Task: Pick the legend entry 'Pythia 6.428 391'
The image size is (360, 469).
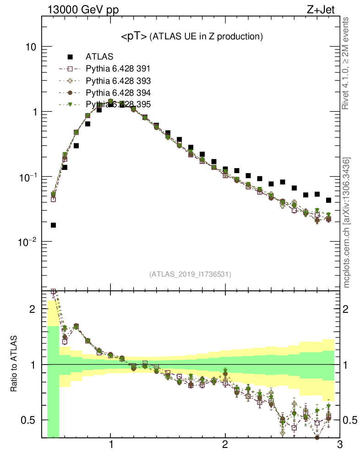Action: (x=118, y=69)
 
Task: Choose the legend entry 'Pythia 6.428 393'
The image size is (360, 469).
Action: (x=118, y=81)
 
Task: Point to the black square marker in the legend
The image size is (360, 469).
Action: (x=70, y=57)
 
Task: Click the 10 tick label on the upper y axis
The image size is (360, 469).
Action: (x=31, y=47)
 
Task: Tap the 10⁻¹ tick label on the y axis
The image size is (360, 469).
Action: (x=28, y=176)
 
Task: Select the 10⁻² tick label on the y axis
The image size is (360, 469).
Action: (x=28, y=241)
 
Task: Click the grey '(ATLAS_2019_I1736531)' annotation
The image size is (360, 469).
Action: (x=190, y=274)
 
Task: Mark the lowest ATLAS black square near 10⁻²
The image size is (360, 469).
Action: (x=53, y=225)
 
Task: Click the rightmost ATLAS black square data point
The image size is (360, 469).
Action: (x=328, y=200)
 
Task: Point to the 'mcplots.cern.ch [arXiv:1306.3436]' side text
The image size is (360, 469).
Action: (x=347, y=222)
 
